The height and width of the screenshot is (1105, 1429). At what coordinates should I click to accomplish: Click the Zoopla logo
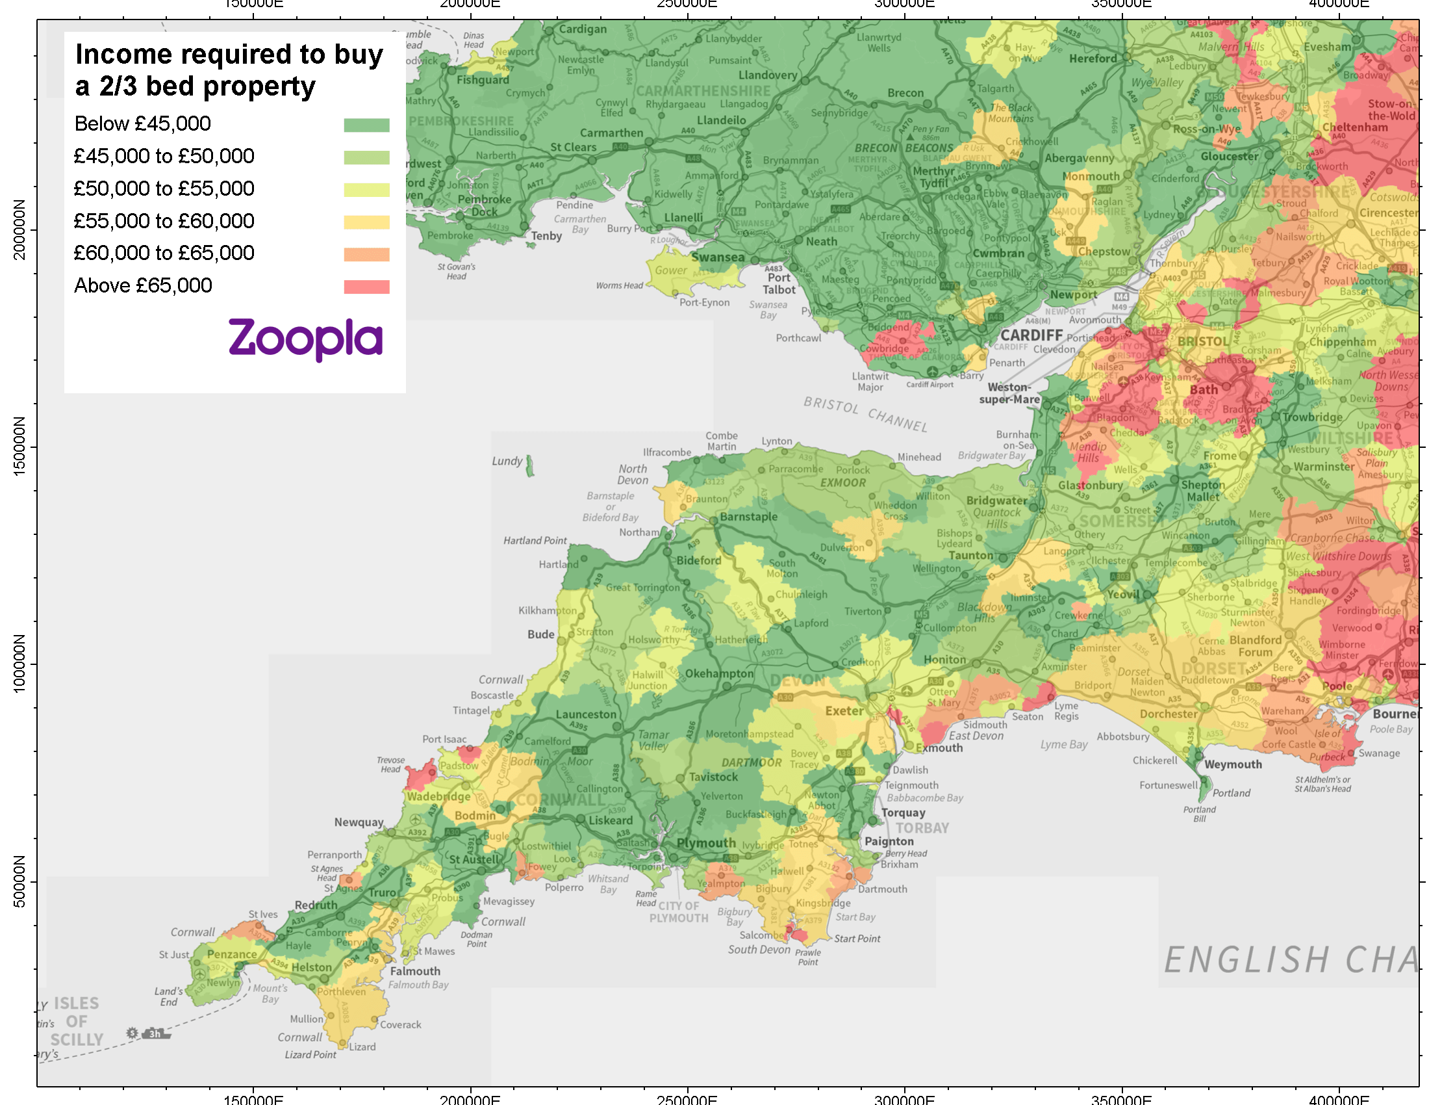pyautogui.click(x=305, y=339)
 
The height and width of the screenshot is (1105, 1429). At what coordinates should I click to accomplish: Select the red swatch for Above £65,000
pyautogui.click(x=366, y=287)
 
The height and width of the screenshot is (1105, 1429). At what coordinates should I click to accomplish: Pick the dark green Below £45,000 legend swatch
pyautogui.click(x=366, y=125)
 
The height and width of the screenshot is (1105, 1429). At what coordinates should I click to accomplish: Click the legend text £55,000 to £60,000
pyautogui.click(x=164, y=221)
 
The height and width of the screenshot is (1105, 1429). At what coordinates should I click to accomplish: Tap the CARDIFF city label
pyautogui.click(x=1031, y=335)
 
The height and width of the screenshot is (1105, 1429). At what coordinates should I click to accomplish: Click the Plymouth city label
pyautogui.click(x=706, y=843)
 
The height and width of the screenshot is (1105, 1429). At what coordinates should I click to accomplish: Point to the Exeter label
pyautogui.click(x=844, y=711)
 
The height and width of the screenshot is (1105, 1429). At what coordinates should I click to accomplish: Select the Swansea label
pyautogui.click(x=718, y=257)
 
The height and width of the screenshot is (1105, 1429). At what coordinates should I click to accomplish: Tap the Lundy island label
pyautogui.click(x=507, y=461)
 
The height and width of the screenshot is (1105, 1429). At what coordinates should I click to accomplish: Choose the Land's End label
pyautogui.click(x=168, y=996)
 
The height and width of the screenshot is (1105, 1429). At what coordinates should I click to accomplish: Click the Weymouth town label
pyautogui.click(x=1233, y=764)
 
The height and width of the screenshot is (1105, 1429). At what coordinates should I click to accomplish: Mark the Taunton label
pyautogui.click(x=970, y=555)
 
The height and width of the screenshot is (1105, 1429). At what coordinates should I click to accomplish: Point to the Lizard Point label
pyautogui.click(x=310, y=1054)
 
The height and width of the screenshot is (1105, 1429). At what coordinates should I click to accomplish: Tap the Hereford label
pyautogui.click(x=1093, y=58)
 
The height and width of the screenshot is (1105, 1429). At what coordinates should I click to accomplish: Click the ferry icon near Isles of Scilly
pyautogui.click(x=156, y=1033)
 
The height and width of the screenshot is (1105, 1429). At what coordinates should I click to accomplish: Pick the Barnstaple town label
pyautogui.click(x=748, y=517)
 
